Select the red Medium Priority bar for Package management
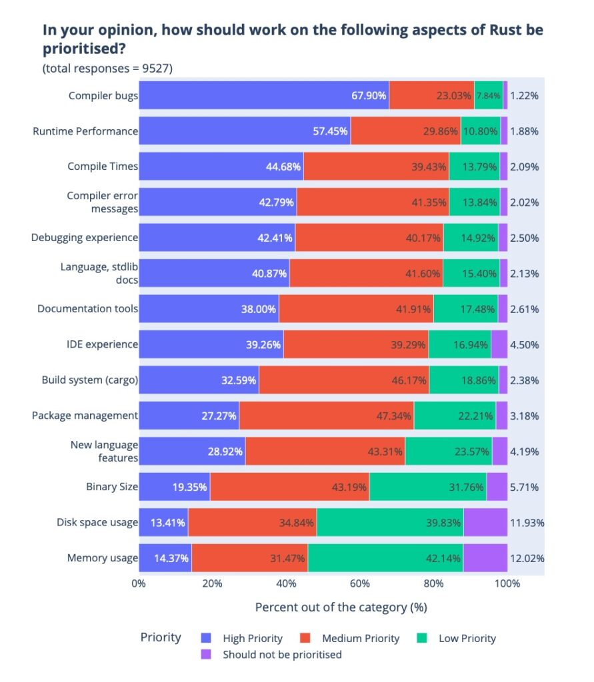click(x=326, y=416)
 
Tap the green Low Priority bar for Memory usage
click(x=385, y=558)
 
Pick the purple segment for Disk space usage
click(x=485, y=522)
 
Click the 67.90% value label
click(x=369, y=95)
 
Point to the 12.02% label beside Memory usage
click(x=527, y=558)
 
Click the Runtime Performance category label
click(x=85, y=131)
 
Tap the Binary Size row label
click(x=112, y=487)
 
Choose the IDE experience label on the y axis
click(x=103, y=344)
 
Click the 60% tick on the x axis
click(x=360, y=584)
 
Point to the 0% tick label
click(x=139, y=584)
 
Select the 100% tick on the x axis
click(x=507, y=584)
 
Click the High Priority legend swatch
click(x=206, y=638)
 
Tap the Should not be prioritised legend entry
click(x=282, y=655)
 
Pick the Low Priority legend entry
click(x=467, y=638)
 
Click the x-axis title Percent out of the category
click(x=341, y=607)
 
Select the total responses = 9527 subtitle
click(x=108, y=69)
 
